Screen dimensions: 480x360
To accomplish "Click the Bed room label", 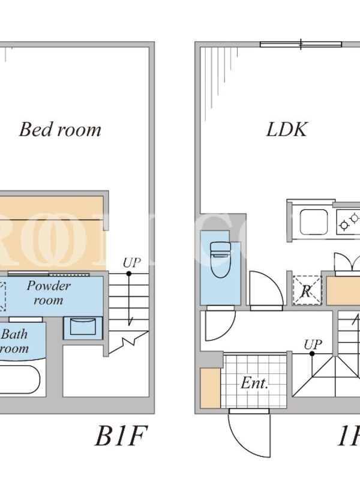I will click(x=60, y=130).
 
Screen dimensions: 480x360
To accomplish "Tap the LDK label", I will click(x=287, y=130).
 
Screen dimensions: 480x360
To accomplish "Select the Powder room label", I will click(x=48, y=292).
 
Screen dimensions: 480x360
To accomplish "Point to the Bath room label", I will click(x=14, y=341).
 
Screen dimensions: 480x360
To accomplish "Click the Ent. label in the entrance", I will click(x=254, y=383).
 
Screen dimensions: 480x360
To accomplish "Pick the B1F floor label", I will click(x=120, y=437).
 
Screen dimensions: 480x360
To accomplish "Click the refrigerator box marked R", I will click(x=306, y=291).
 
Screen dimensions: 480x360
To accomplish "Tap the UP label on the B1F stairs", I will click(x=131, y=263).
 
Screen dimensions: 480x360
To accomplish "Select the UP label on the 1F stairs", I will click(x=312, y=344).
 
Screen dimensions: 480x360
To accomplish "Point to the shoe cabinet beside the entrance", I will click(x=210, y=389).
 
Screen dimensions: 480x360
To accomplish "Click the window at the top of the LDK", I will click(x=301, y=44).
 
